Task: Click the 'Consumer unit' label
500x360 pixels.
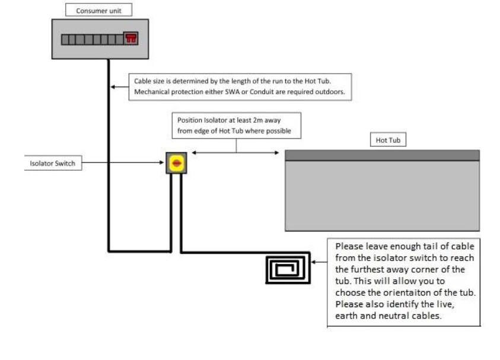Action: pyautogui.click(x=99, y=10)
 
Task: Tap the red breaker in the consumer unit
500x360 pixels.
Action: pyautogui.click(x=130, y=39)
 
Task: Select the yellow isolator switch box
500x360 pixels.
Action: pyautogui.click(x=176, y=163)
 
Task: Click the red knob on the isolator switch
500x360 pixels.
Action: pyautogui.click(x=176, y=163)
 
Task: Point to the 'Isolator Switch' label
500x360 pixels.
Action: pyautogui.click(x=53, y=163)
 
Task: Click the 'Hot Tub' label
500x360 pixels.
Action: pyautogui.click(x=383, y=140)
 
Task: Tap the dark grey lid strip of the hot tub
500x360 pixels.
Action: pyautogui.click(x=382, y=155)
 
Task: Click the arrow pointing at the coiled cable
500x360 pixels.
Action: pyautogui.click(x=319, y=262)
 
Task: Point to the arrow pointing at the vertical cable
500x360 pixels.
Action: pyautogui.click(x=121, y=87)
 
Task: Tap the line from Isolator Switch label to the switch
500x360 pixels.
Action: pyautogui.click(x=123, y=163)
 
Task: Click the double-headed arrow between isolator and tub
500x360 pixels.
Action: pyautogui.click(x=235, y=153)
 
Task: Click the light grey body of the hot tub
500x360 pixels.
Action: pyautogui.click(x=382, y=196)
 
